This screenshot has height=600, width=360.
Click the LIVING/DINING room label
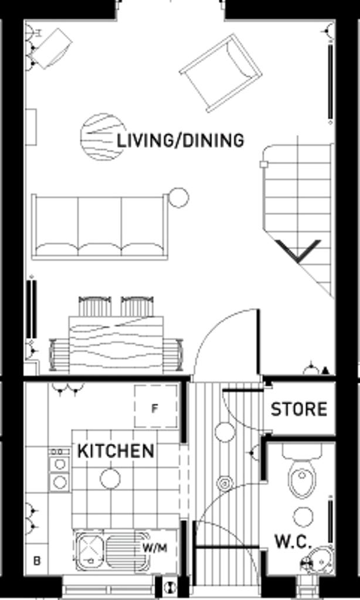click(180, 141)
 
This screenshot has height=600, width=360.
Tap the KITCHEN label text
click(116, 451)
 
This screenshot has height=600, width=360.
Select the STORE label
click(298, 410)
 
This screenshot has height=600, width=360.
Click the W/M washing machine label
click(155, 548)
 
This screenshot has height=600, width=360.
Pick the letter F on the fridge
click(154, 408)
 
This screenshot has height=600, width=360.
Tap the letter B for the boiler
click(37, 561)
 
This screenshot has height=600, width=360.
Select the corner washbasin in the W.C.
click(321, 561)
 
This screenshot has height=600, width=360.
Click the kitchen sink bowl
click(90, 550)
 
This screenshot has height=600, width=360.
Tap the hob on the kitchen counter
click(59, 470)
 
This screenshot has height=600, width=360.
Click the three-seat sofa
click(100, 227)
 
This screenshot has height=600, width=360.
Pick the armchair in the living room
click(221, 73)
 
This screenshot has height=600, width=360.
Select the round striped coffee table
click(103, 137)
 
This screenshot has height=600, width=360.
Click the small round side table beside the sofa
click(178, 198)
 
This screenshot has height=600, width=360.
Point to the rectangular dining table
click(116, 345)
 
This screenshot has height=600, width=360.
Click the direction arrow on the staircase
click(298, 251)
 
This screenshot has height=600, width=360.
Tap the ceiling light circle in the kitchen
click(110, 479)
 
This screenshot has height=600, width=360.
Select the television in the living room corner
click(52, 49)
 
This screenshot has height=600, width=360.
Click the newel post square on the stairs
click(263, 165)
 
